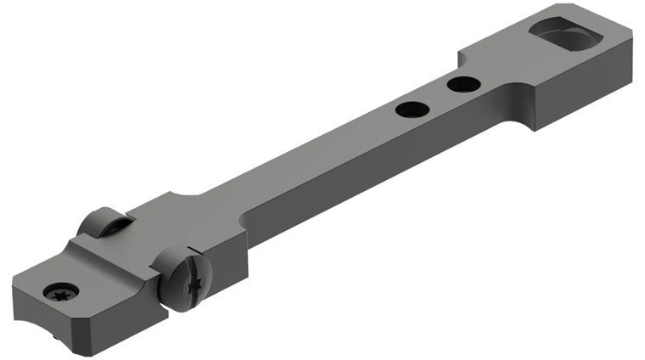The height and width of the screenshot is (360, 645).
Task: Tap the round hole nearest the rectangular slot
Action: click(463, 84)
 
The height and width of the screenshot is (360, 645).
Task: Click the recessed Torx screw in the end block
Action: click(61, 291)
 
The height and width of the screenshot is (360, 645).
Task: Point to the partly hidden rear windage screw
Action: click(101, 223)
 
